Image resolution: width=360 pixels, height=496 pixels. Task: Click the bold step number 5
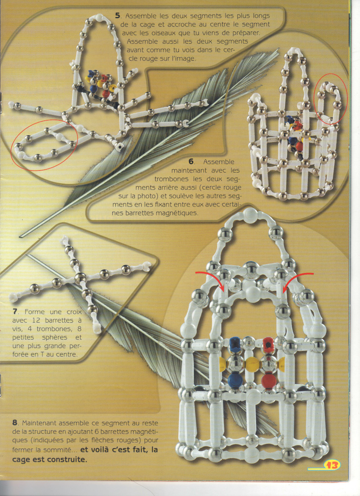pyautogui.click(x=117, y=16)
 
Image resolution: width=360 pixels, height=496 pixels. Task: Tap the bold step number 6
pyautogui.click(x=191, y=162)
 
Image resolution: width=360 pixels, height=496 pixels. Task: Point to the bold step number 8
pyautogui.click(x=15, y=423)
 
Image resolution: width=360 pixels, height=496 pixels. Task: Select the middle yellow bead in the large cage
pyautogui.click(x=252, y=363)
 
